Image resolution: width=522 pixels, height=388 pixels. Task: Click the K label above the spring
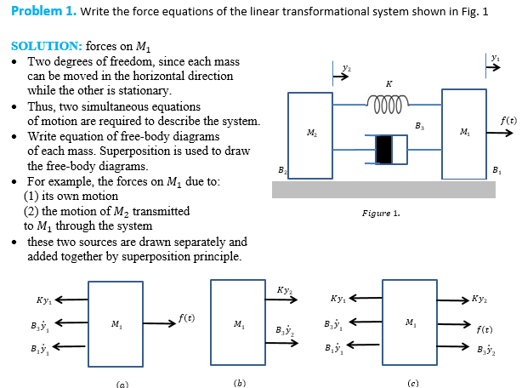(389, 83)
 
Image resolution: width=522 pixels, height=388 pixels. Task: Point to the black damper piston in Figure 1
(383, 149)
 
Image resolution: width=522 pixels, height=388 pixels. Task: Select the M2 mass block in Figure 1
(310, 134)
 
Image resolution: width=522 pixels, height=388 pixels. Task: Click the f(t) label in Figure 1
(508, 123)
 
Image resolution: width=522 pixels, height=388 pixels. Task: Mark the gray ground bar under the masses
(383, 189)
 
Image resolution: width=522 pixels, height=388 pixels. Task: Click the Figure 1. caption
(379, 213)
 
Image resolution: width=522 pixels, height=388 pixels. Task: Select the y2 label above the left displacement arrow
(343, 65)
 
